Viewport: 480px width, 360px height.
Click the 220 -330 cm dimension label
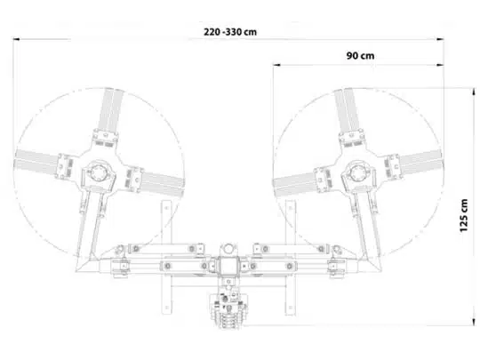point(230,32)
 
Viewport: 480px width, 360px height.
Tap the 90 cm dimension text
point(360,56)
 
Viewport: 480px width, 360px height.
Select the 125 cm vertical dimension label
point(464,215)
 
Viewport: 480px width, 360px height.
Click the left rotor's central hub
point(98,173)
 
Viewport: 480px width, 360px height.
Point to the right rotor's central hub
point(357,173)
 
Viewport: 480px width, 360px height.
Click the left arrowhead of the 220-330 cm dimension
point(16,39)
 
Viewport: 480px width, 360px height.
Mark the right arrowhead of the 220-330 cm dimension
point(441,39)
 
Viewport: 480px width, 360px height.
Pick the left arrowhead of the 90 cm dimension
point(276,65)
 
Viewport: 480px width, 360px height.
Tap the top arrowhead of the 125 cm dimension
point(474,92)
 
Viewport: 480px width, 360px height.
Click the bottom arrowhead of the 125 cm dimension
point(474,322)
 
